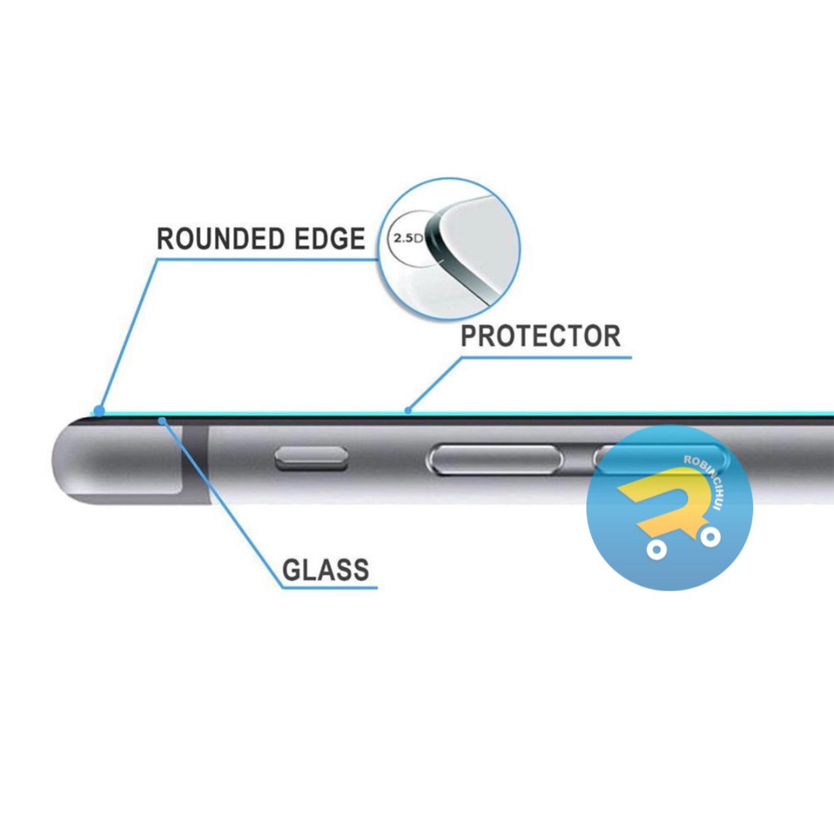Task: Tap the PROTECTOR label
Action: point(540,336)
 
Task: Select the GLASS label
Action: point(326,570)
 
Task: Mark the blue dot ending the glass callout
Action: point(163,420)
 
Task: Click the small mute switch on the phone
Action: point(311,460)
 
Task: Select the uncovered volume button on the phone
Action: point(495,460)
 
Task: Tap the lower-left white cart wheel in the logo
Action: point(656,551)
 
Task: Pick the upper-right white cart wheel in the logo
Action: point(710,537)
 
